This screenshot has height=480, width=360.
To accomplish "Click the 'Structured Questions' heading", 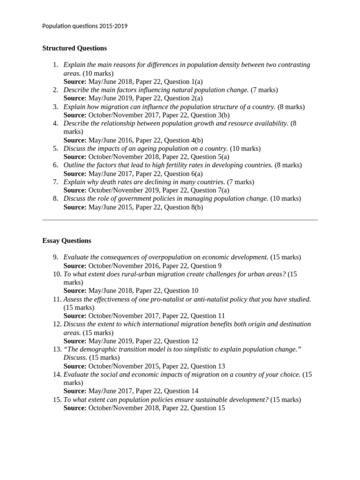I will [75, 48].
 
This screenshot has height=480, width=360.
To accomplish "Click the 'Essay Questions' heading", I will [67, 240].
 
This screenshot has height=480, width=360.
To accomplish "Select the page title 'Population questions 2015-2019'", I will [85, 26].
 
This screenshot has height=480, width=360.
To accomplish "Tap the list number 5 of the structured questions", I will [55, 149].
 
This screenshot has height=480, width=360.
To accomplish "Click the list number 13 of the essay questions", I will [57, 349].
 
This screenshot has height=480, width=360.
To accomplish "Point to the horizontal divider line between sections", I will [180, 219].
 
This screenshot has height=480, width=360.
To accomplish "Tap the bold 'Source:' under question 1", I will [75, 82].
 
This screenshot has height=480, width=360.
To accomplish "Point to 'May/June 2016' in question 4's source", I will [110, 140].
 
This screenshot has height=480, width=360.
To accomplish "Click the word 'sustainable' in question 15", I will [203, 399].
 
